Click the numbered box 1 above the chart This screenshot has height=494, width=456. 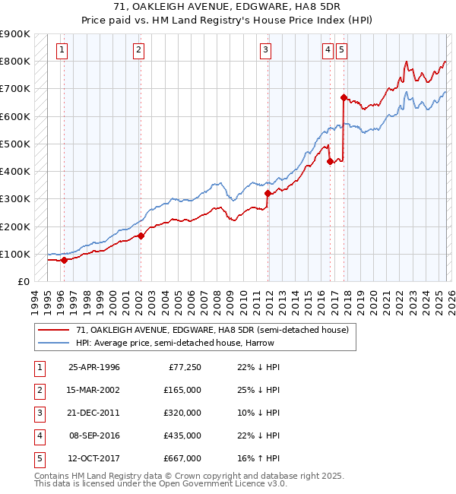coord(62,50)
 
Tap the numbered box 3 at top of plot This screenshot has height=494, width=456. coord(265,50)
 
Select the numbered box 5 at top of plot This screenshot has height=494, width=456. coord(342,50)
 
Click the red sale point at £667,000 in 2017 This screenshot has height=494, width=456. coord(344,97)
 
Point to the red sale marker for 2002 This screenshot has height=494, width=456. coord(141,236)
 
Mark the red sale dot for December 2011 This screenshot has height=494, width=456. coord(268,193)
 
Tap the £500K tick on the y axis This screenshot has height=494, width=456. coord(15,144)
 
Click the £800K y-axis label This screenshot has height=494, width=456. coord(15,61)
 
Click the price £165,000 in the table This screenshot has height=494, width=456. coord(182,390)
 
